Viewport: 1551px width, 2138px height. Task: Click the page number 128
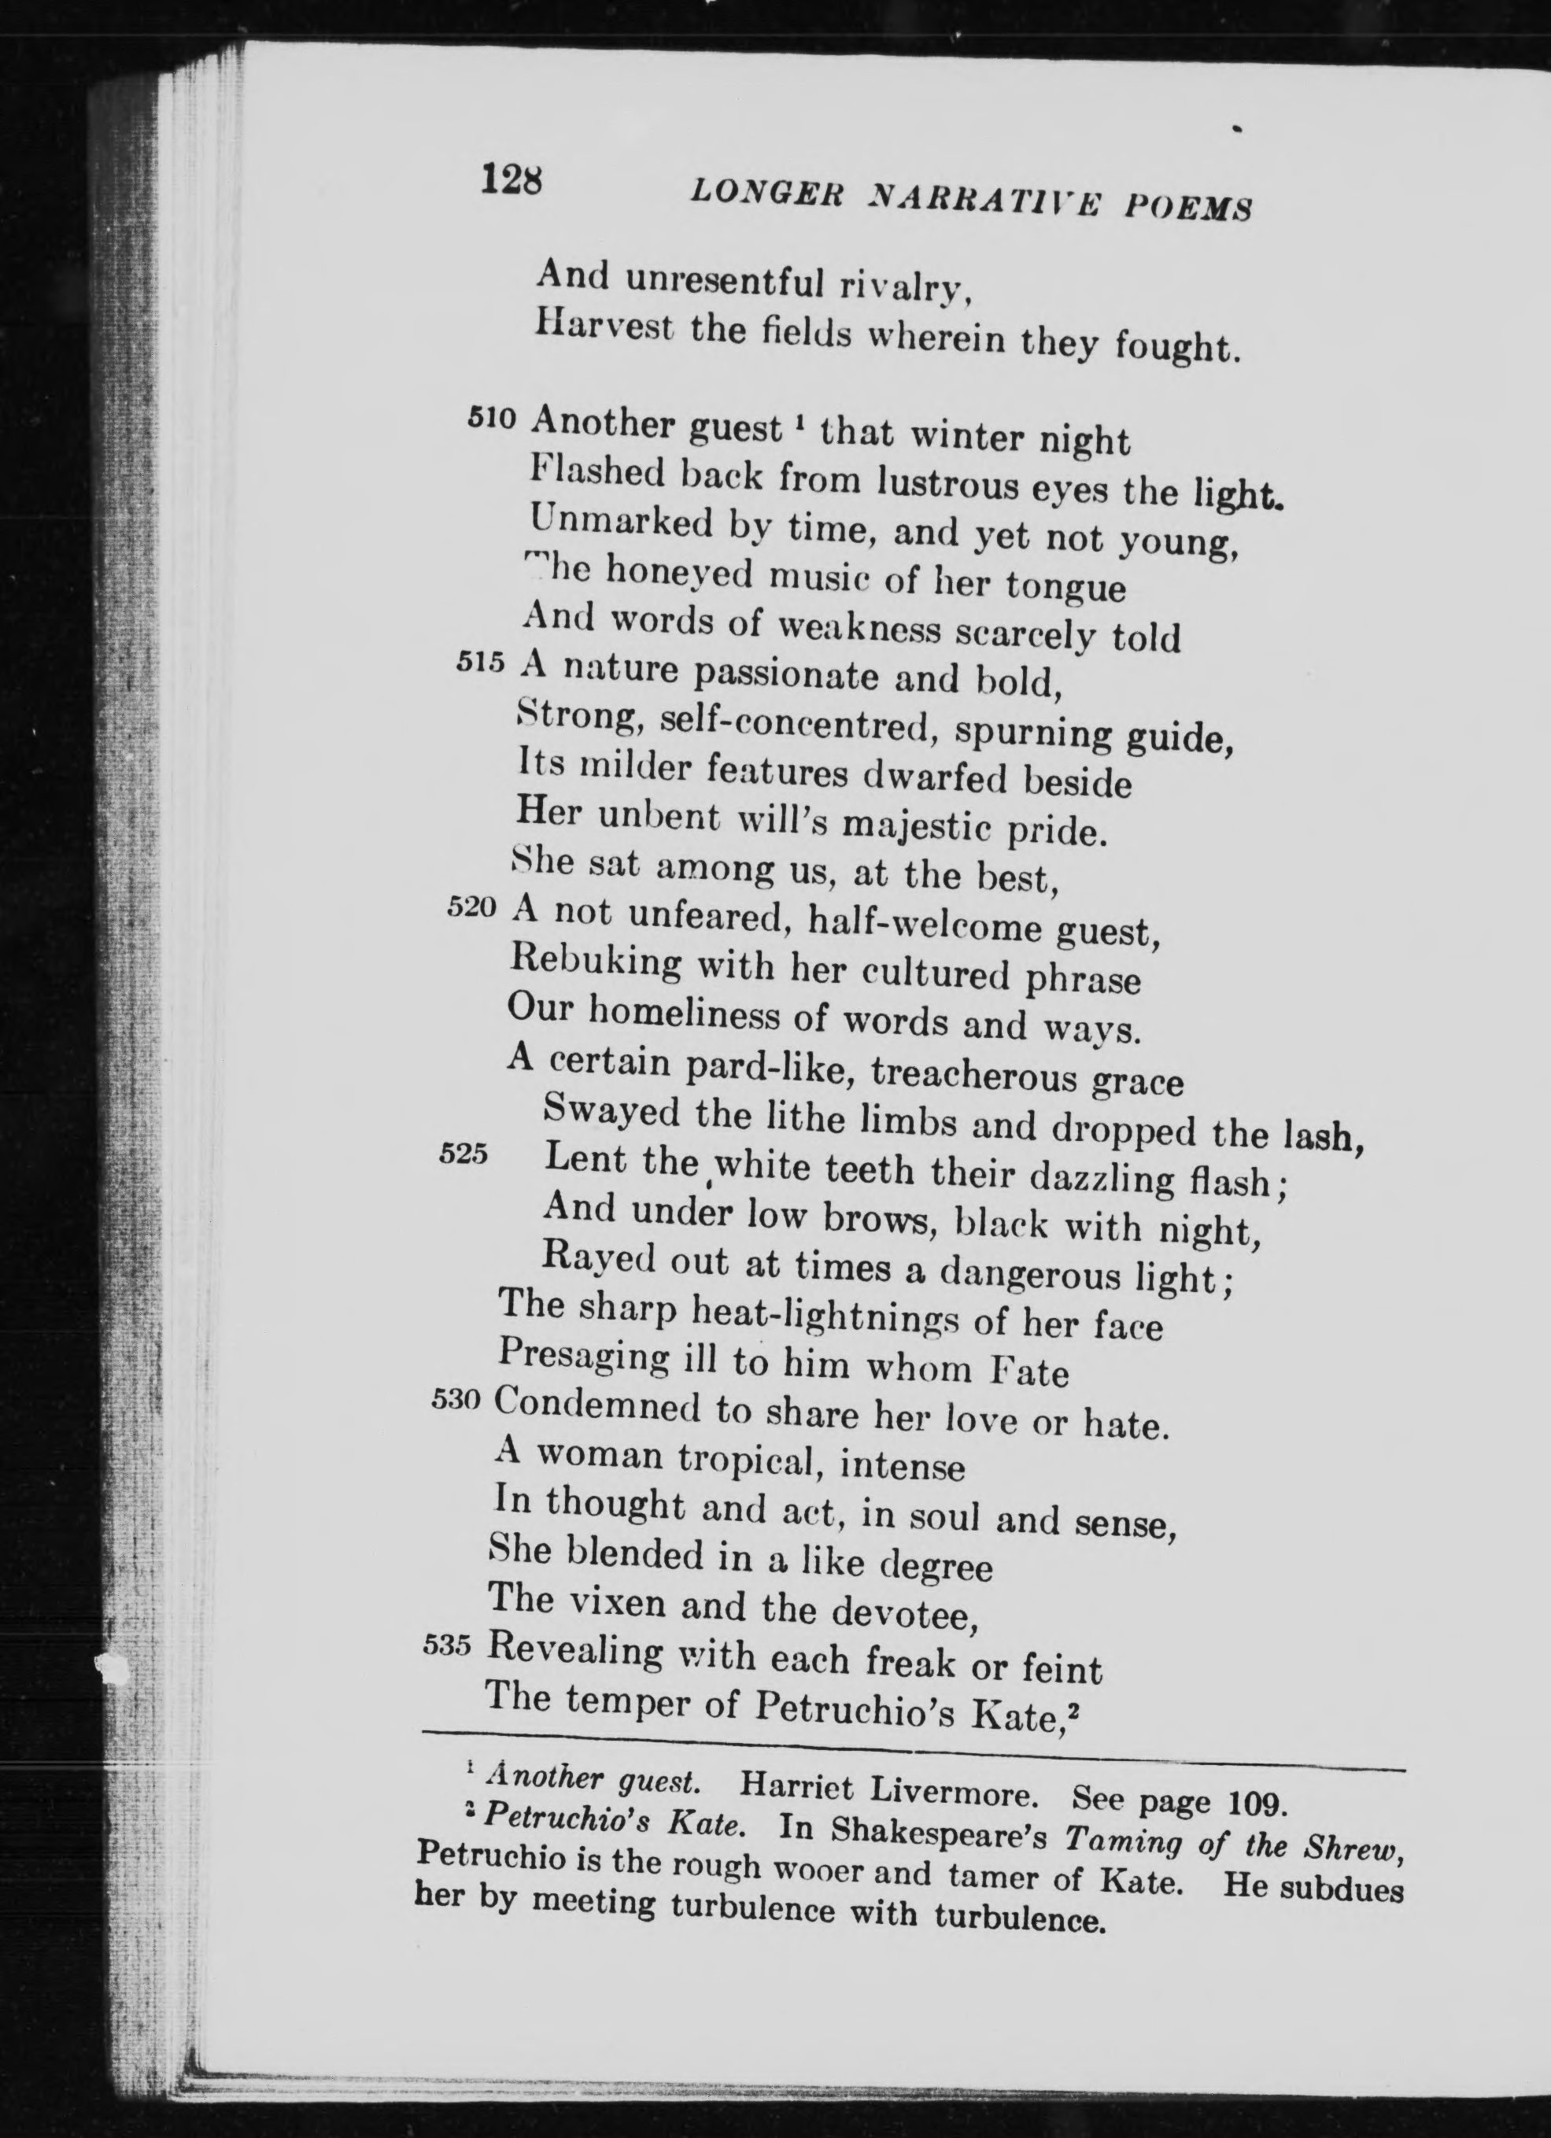coord(511,177)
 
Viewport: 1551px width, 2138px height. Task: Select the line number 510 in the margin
coord(492,417)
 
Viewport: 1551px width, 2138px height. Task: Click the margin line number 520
coord(471,907)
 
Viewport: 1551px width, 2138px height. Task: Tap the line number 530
coord(456,1399)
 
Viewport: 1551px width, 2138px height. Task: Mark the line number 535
coord(446,1645)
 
